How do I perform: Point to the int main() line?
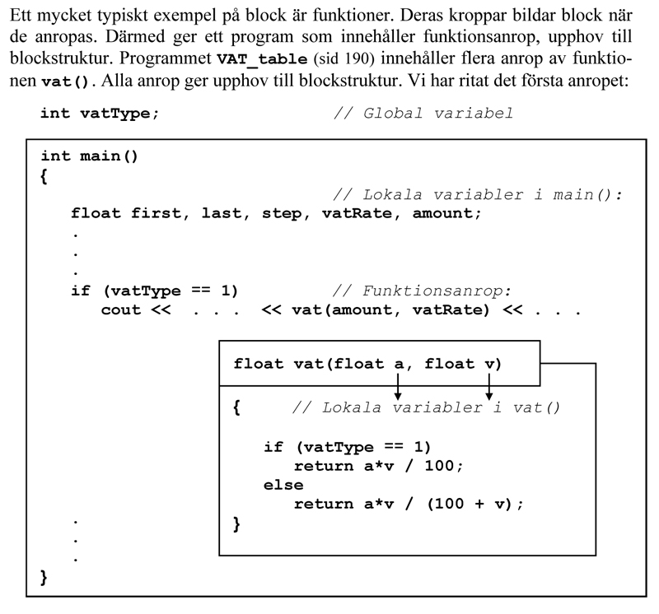pos(89,156)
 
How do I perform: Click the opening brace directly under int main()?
pos(44,175)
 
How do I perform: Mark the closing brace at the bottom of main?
pos(44,579)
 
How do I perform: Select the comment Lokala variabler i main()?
pos(478,195)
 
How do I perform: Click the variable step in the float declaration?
pos(282,213)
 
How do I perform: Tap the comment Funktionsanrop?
pos(422,291)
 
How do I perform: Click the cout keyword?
pos(121,310)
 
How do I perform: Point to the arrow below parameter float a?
pos(398,387)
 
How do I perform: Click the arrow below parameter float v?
pos(489,387)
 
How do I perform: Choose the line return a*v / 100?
pos(379,466)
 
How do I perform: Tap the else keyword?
pos(283,485)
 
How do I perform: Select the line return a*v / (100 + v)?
pos(409,504)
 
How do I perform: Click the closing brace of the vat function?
pos(238,523)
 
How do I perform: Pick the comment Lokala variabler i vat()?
pos(426,407)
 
